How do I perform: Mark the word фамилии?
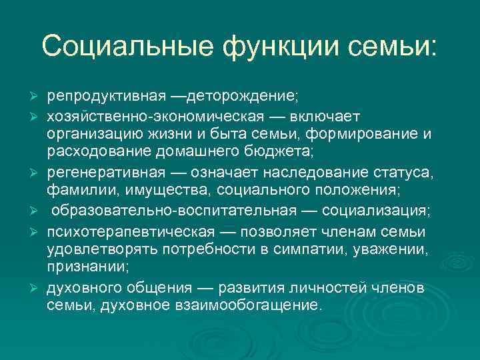[75, 192]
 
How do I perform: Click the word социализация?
[376, 211]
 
